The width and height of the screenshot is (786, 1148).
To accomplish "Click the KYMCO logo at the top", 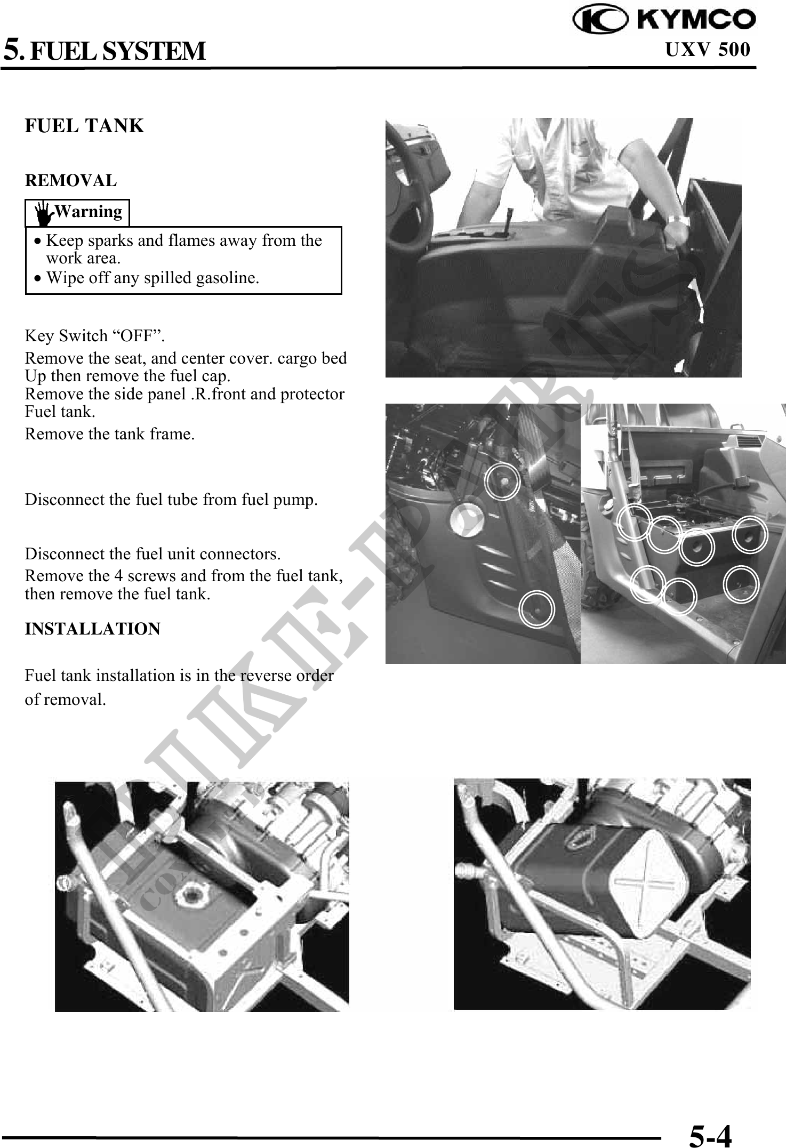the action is point(664,20).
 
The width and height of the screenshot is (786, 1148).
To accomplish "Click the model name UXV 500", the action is point(708,50).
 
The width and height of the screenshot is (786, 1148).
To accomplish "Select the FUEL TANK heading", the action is point(84,126).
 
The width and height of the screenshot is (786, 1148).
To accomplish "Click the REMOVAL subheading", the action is point(70,181).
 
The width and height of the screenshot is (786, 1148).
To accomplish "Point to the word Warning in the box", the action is point(89,212).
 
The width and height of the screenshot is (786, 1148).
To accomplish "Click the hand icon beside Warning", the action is point(44,213).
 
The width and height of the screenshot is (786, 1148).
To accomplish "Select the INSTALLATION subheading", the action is point(92,629).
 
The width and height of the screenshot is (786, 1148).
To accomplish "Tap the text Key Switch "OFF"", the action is point(95,336).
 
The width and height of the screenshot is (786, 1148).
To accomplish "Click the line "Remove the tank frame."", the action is point(110,434).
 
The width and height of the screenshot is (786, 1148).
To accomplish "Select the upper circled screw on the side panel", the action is point(502,481).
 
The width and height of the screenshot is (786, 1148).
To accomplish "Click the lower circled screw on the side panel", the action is point(537,607).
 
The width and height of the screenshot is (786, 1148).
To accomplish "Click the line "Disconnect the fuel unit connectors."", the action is point(153,554).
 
